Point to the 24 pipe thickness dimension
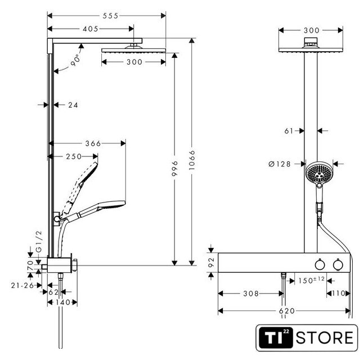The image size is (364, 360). [x=71, y=105]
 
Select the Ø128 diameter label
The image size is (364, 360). [x=280, y=164]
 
